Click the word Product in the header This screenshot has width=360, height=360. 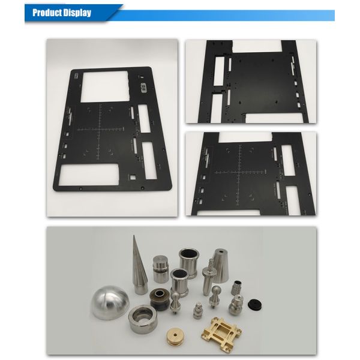47,13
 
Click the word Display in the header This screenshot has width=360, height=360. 77,13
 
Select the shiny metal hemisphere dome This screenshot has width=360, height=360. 110,302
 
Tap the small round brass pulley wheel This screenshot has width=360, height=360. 176,337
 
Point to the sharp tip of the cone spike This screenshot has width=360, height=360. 134,235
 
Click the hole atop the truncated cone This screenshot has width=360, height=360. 221,251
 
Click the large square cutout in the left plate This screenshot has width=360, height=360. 104,86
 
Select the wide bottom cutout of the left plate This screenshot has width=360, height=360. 89,175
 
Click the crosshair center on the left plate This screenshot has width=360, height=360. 100,130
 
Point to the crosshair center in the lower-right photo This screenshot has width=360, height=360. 239,172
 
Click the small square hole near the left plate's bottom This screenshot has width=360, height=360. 133,178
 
